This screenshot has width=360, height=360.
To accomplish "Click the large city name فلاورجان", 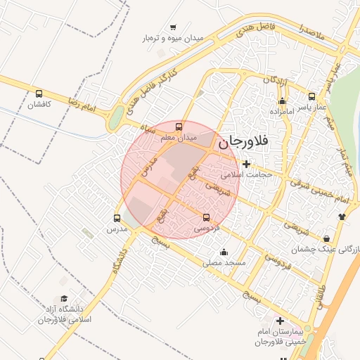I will (x=243, y=142).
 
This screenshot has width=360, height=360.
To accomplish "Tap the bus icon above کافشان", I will (x=39, y=93).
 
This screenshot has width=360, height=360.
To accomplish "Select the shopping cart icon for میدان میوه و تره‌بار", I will (x=173, y=27).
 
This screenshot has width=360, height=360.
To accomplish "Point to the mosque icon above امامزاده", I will (x=282, y=101).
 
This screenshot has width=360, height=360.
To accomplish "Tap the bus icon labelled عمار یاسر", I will (x=312, y=96).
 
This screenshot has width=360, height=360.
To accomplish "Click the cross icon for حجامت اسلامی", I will (x=246, y=164).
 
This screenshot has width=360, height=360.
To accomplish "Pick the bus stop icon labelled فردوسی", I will (x=206, y=217).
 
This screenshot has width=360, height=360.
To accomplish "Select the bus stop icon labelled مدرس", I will (x=117, y=218).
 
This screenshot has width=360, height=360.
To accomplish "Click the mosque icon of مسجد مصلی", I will (x=224, y=252).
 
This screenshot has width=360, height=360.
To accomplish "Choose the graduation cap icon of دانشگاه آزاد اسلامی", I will (x=65, y=299).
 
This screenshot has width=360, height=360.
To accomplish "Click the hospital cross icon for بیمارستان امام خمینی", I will (x=281, y=321).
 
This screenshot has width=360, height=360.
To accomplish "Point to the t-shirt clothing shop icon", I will (x=342, y=216).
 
